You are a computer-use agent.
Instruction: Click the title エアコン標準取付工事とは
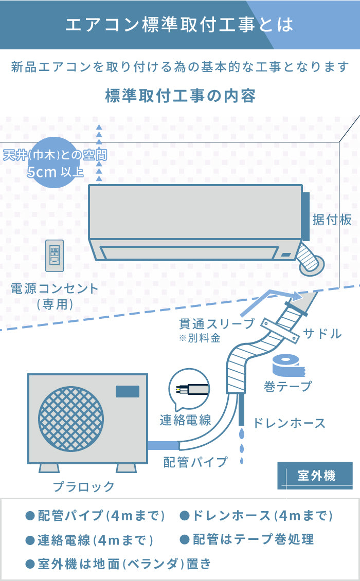[179, 25]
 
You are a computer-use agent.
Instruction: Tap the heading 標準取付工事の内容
[180, 96]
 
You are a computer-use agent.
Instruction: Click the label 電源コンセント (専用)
[55, 296]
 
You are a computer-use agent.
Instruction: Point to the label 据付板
[332, 220]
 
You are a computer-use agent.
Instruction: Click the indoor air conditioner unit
[195, 221]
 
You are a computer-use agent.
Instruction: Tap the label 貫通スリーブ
[217, 323]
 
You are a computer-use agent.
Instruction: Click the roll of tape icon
[287, 366]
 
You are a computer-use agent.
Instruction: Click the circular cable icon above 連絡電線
[189, 389]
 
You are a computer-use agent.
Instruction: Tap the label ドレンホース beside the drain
[289, 423]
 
